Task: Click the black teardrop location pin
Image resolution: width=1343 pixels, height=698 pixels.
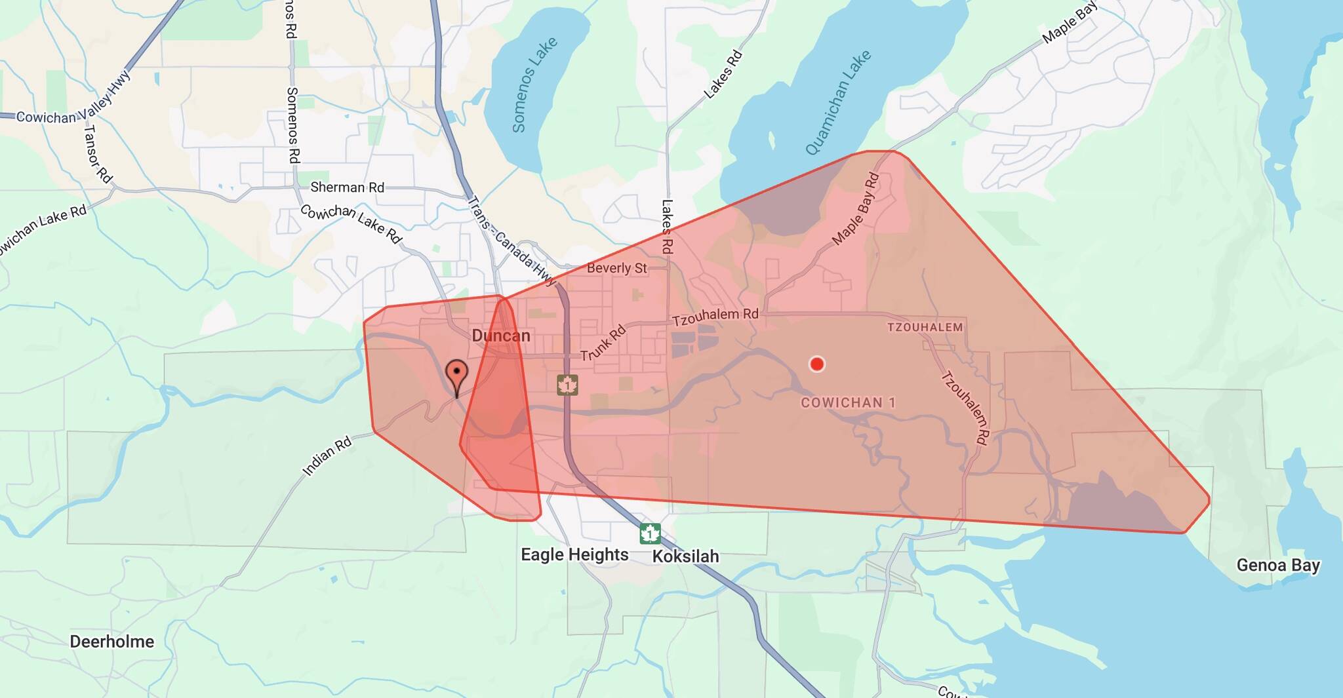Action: (456, 376)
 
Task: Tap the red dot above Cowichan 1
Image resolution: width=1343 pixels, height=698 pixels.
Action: (816, 364)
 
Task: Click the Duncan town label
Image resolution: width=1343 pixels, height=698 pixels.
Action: (500, 336)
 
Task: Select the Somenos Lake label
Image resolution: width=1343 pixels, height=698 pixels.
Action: (534, 85)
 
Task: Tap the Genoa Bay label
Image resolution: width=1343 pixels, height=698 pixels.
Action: (1277, 565)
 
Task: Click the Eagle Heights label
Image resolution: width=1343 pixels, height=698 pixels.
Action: (574, 555)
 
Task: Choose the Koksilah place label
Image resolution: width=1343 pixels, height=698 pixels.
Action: (685, 556)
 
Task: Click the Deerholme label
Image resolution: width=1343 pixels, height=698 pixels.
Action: (112, 642)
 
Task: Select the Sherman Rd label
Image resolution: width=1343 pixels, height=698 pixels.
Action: (347, 187)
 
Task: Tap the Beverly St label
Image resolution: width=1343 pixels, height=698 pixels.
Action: (616, 268)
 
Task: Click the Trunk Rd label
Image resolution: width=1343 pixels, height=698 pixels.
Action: (603, 343)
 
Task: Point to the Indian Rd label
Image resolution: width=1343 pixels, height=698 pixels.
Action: (327, 456)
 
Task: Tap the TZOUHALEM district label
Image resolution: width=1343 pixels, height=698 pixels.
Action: (925, 327)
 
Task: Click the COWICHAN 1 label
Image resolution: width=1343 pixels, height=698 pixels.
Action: (848, 402)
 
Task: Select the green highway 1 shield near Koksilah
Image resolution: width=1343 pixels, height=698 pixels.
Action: (650, 533)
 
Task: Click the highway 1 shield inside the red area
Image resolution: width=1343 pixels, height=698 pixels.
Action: (567, 385)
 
